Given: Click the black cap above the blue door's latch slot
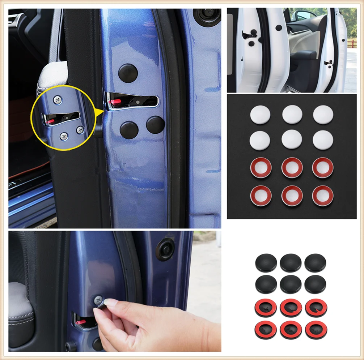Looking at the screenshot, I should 128,73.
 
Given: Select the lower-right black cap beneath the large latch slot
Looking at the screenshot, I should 156,125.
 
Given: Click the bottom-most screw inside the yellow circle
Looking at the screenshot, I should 64,136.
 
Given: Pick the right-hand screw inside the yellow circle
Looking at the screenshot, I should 80,129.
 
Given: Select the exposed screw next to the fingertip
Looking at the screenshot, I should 98,300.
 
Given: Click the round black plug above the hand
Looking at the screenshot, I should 165,250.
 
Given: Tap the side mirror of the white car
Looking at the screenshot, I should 301,16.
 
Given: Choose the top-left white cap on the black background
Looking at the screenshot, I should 260,115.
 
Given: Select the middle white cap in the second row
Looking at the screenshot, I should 292,140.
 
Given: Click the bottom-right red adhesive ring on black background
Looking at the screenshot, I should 323,196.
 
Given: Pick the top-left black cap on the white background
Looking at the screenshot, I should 266,263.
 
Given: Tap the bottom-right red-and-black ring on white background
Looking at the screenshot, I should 316,330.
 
